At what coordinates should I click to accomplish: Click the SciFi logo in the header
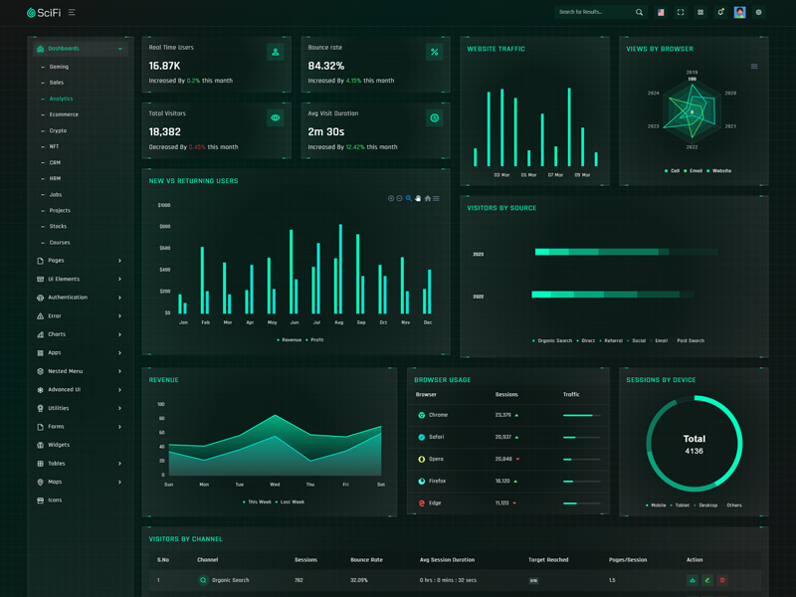[x=44, y=13]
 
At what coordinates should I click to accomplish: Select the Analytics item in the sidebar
[x=61, y=99]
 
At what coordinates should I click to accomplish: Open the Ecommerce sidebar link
[x=64, y=114]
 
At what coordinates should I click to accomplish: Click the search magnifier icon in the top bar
[x=639, y=13]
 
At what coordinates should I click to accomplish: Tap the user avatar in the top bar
[x=739, y=13]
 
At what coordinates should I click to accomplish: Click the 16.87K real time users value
[x=165, y=66]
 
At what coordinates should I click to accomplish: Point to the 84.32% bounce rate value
[x=326, y=66]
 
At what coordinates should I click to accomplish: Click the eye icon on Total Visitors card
[x=276, y=118]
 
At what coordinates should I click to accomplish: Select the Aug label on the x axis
[x=339, y=322]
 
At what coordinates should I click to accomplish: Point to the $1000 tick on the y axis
[x=164, y=205]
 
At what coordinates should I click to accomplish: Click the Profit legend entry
[x=316, y=339]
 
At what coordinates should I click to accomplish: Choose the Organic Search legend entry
[x=554, y=340]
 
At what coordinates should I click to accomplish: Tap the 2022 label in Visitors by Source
[x=479, y=297]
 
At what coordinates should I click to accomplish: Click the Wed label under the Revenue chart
[x=275, y=485]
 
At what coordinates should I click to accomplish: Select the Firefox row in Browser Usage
[x=438, y=482]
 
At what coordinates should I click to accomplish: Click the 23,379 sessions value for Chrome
[x=502, y=415]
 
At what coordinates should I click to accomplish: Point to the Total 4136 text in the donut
[x=695, y=444]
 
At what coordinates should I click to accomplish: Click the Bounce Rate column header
[x=366, y=559]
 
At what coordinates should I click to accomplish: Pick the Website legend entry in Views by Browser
[x=721, y=171]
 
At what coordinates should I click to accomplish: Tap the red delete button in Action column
[x=722, y=580]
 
